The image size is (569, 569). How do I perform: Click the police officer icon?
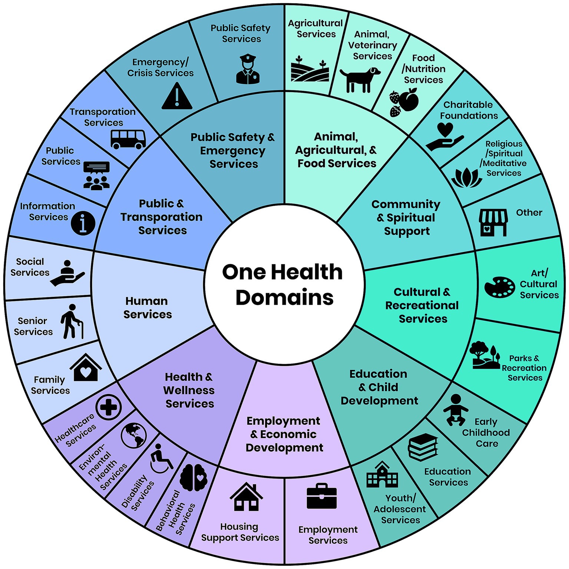[248, 69]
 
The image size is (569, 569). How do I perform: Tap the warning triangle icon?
[177, 96]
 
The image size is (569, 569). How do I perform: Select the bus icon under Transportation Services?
[128, 139]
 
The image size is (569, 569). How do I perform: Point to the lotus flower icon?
[467, 178]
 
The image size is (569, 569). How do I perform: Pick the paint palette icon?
[499, 287]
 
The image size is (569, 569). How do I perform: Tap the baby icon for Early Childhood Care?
[455, 410]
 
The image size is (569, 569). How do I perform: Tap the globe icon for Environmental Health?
[134, 435]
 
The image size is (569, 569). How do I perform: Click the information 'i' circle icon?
[83, 223]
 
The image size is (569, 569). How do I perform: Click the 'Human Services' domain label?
[148, 307]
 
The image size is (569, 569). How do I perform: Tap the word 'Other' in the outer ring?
[529, 212]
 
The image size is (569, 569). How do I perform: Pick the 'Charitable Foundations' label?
[469, 110]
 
